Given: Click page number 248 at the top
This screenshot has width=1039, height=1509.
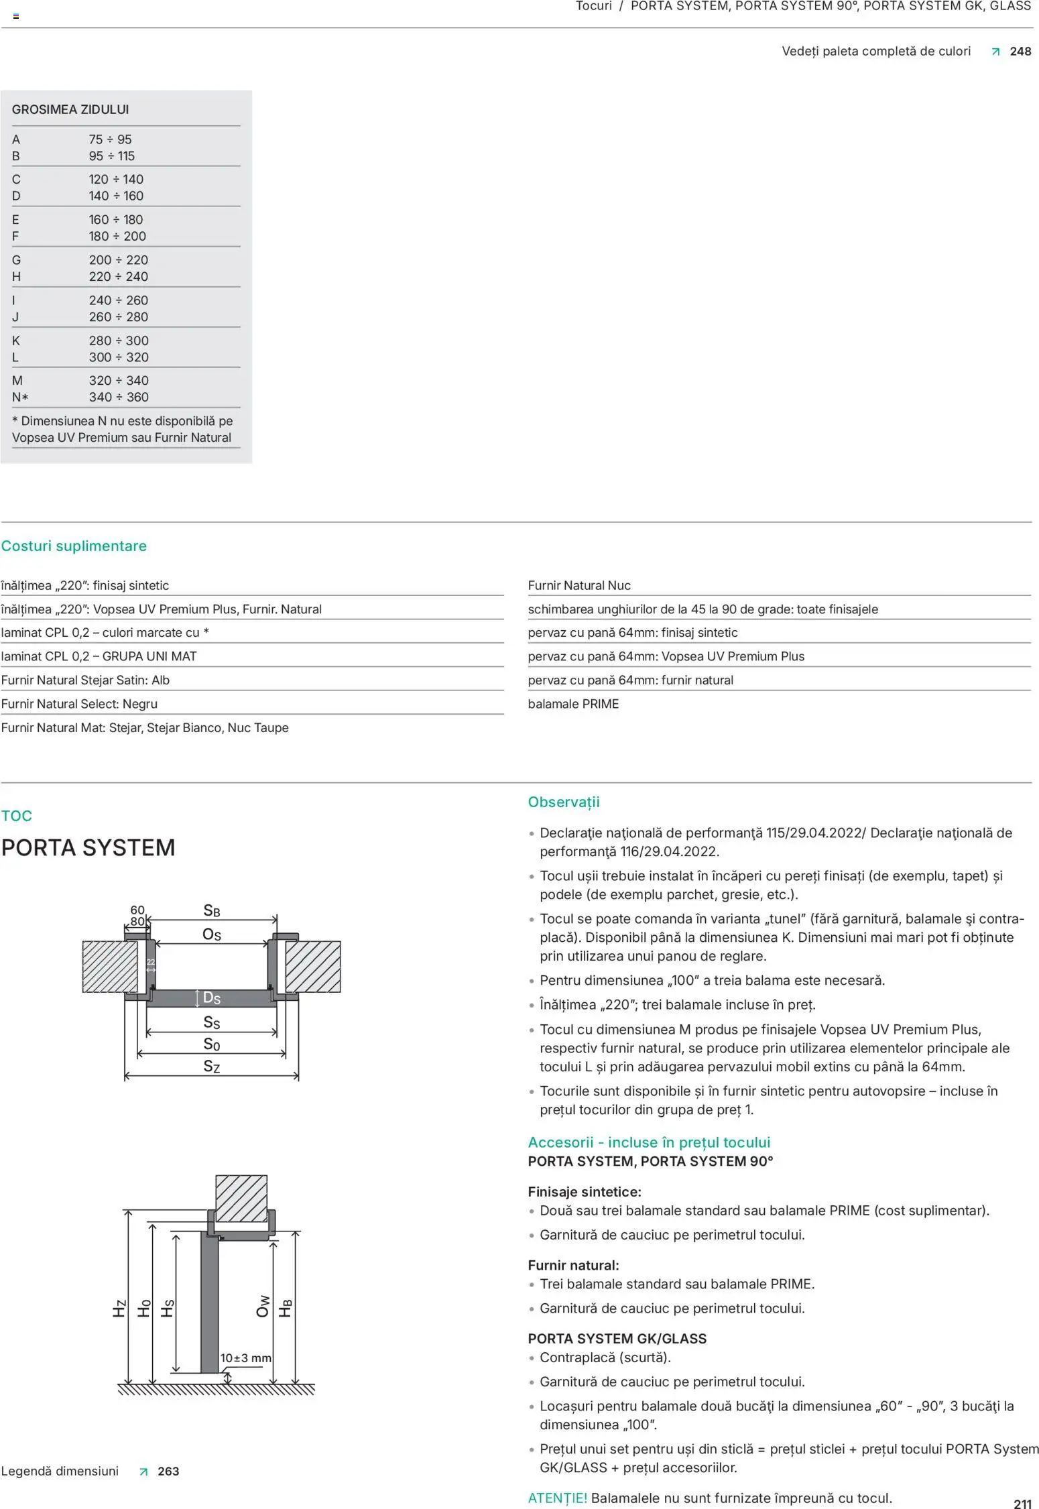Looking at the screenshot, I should pos(1020,52).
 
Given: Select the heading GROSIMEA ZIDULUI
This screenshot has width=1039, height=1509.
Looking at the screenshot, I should pos(70,109).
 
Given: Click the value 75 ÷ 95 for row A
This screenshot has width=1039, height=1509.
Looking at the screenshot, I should pos(110,139).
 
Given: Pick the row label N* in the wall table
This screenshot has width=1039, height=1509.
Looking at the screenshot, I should pos(20,398).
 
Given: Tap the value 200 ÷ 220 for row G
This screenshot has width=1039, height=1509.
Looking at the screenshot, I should pos(118,260).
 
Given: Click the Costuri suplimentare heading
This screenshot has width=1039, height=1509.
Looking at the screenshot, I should pos(74,546).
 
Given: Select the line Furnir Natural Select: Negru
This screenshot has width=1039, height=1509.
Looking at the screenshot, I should pos(79,704).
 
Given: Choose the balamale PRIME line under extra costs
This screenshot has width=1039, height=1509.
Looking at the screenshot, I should pos(573,704).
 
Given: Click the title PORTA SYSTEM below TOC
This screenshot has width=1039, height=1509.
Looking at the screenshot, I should pos(88,848).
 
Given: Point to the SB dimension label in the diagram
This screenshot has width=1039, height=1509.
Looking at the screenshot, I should pos(211,910).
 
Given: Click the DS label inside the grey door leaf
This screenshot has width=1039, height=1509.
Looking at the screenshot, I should pos(211,998).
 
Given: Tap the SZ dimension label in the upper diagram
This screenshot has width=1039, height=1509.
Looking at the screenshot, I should pos(211,1067).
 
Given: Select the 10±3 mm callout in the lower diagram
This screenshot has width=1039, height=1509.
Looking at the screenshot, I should pos(246,1358).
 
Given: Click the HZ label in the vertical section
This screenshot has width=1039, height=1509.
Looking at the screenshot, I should pos(119,1309).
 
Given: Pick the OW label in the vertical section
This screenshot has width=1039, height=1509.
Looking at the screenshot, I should pos(263,1306).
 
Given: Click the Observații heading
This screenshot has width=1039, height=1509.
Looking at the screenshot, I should pos(563,802).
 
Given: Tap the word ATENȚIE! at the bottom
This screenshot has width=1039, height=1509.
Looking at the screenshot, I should pos(557,1498).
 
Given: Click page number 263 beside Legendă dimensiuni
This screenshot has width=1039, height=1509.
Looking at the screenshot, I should pos(168,1471).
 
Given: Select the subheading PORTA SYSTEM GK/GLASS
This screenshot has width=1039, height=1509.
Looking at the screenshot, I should pos(617,1339).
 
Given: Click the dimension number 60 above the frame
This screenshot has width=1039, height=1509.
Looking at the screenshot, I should pos(137,910).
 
